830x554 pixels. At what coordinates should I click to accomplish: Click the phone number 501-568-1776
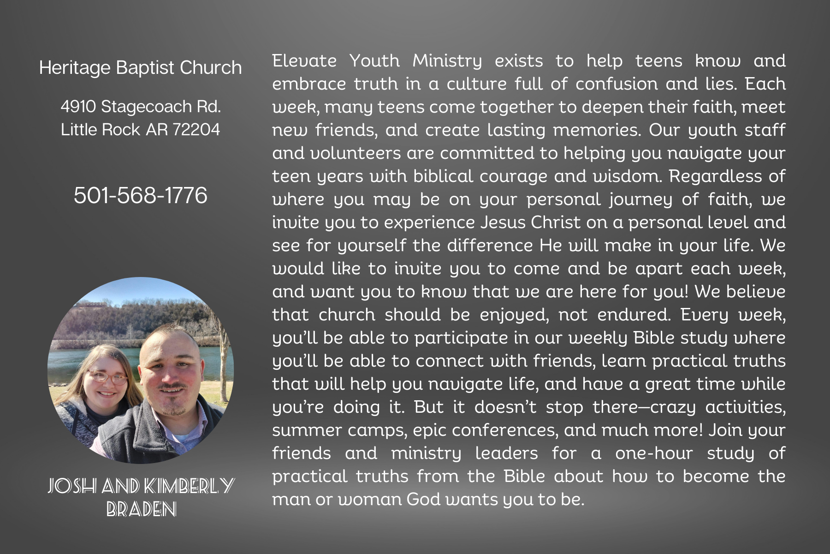point(141,195)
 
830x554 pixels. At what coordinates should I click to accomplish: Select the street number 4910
point(78,107)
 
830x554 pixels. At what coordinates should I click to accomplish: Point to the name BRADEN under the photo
point(142,509)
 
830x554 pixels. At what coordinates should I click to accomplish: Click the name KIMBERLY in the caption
point(189,486)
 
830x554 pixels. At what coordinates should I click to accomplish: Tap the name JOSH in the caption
point(72,486)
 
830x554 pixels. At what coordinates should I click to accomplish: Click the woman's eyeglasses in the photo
point(108,378)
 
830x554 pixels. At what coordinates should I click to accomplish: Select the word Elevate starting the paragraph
point(304,61)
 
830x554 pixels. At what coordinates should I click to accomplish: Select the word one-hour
point(654,453)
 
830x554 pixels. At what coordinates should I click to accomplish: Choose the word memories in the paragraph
point(597,130)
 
